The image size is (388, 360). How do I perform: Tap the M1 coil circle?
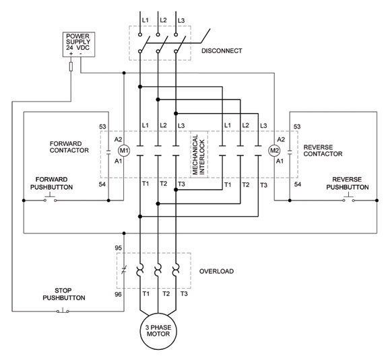[x=123, y=151]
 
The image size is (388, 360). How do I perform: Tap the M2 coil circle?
[x=274, y=151]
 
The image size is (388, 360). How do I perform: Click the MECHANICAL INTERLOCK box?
[x=199, y=155]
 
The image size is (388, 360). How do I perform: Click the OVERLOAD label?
[x=217, y=271]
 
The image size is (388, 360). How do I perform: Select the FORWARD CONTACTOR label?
[x=69, y=147]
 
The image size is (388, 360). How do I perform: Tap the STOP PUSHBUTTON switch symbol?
[x=63, y=310]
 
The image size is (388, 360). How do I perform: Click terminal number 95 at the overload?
[x=119, y=248]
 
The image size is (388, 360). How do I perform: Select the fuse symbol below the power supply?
[x=72, y=66]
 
